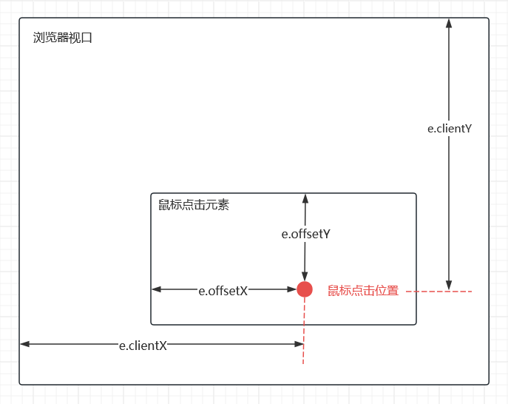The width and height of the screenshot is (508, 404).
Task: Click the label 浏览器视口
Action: [63, 38]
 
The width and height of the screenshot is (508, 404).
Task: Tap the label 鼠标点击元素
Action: [194, 204]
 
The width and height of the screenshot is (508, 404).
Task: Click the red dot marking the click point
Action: [305, 289]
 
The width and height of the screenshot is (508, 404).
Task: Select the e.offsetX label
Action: [223, 291]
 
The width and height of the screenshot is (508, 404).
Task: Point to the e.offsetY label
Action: [305, 234]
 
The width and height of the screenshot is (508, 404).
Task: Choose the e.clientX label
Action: [143, 345]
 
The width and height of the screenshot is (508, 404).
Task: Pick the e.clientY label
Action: [450, 128]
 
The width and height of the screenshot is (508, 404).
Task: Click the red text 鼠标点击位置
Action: [363, 291]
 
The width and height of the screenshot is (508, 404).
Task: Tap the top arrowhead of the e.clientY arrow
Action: [449, 23]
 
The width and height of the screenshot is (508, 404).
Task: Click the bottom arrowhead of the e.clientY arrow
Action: [449, 286]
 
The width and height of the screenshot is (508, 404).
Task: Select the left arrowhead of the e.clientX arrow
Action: [25, 344]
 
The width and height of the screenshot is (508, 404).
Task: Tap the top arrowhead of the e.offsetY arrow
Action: [305, 198]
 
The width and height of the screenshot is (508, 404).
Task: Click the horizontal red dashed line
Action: [438, 292]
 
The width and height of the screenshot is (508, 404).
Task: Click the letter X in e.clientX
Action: [163, 345]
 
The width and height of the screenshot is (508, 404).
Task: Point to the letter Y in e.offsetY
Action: [325, 234]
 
